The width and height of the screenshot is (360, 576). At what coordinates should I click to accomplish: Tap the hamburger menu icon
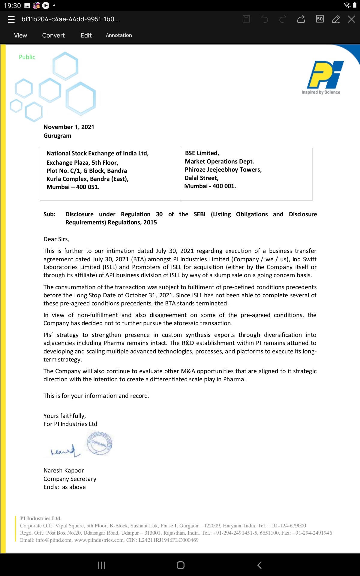[x=11, y=19]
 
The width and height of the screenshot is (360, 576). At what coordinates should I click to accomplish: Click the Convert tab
[x=53, y=35]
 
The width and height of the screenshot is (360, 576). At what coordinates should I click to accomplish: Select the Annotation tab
[x=119, y=35]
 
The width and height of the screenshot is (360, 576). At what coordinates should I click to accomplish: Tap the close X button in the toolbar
[x=351, y=19]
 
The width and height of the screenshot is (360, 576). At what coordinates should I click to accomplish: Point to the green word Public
[x=27, y=57]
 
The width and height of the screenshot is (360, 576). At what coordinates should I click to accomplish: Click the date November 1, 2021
[x=69, y=127]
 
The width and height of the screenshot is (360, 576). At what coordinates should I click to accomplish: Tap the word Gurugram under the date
[x=57, y=136]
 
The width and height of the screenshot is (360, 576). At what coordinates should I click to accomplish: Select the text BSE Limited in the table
[x=202, y=153]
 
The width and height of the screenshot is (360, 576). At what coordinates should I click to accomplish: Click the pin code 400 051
[x=88, y=187]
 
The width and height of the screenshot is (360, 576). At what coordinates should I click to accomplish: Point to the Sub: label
[x=49, y=214]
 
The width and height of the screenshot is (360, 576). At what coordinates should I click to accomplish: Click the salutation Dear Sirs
[x=56, y=239]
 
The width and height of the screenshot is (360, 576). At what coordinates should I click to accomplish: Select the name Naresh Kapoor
[x=64, y=470]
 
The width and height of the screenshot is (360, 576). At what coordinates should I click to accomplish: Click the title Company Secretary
[x=70, y=479]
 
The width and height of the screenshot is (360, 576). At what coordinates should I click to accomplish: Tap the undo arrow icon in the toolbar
[x=264, y=19]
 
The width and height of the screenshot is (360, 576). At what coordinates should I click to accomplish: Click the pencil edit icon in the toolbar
[x=336, y=19]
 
